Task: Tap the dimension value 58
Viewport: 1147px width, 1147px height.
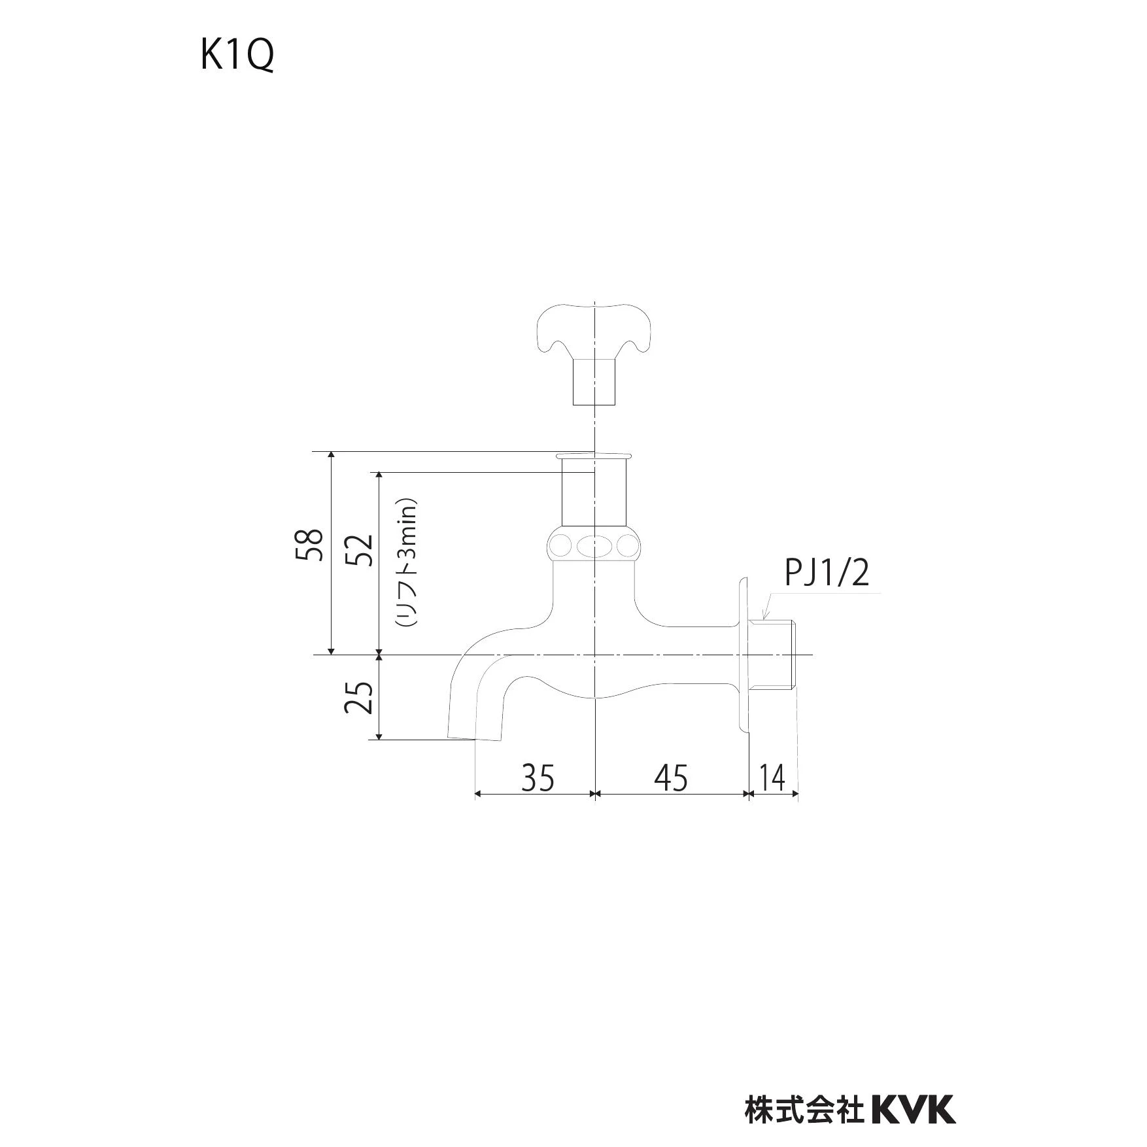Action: [310, 544]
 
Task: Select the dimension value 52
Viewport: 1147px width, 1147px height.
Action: [358, 550]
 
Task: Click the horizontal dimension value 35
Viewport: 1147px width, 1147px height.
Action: [538, 778]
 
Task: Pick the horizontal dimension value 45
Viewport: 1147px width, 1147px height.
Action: [671, 778]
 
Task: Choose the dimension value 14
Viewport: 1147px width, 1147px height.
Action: [772, 778]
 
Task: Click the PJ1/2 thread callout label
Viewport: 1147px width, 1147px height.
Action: [827, 573]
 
